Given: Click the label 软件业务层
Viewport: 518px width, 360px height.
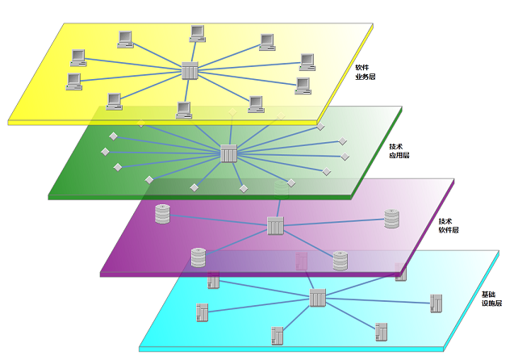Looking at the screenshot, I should pyautogui.click(x=366, y=73).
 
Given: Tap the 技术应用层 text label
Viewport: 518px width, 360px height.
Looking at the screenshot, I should pyautogui.click(x=399, y=150).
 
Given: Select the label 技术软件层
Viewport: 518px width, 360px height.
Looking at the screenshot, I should pyautogui.click(x=449, y=225).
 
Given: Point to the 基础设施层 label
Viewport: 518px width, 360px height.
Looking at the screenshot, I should pyautogui.click(x=491, y=299).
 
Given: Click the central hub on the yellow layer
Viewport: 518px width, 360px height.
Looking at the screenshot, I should pyautogui.click(x=190, y=71).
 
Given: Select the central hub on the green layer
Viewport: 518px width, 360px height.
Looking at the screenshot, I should pyautogui.click(x=228, y=153).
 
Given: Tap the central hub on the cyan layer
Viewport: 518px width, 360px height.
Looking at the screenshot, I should pyautogui.click(x=317, y=298).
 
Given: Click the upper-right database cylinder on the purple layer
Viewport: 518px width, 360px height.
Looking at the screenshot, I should pyautogui.click(x=391, y=219).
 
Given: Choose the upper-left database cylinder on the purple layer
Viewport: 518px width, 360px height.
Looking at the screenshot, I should pyautogui.click(x=162, y=214).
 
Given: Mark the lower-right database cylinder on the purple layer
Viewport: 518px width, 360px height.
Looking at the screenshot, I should pyautogui.click(x=340, y=260).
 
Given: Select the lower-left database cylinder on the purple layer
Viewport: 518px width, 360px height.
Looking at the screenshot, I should pyautogui.click(x=198, y=257).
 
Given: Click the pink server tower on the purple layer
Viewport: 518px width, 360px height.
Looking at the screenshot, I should pyautogui.click(x=302, y=261).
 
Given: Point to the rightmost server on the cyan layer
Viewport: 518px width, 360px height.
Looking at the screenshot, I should pyautogui.click(x=437, y=303).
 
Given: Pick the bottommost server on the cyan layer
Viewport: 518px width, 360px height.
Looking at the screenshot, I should pyautogui.click(x=278, y=334).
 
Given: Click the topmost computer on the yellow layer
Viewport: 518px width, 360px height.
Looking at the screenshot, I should pyautogui.click(x=197, y=33).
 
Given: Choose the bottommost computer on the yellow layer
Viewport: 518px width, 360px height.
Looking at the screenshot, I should pyautogui.click(x=184, y=109).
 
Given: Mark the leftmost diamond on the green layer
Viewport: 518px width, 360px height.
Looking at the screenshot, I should pyautogui.click(x=104, y=152).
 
